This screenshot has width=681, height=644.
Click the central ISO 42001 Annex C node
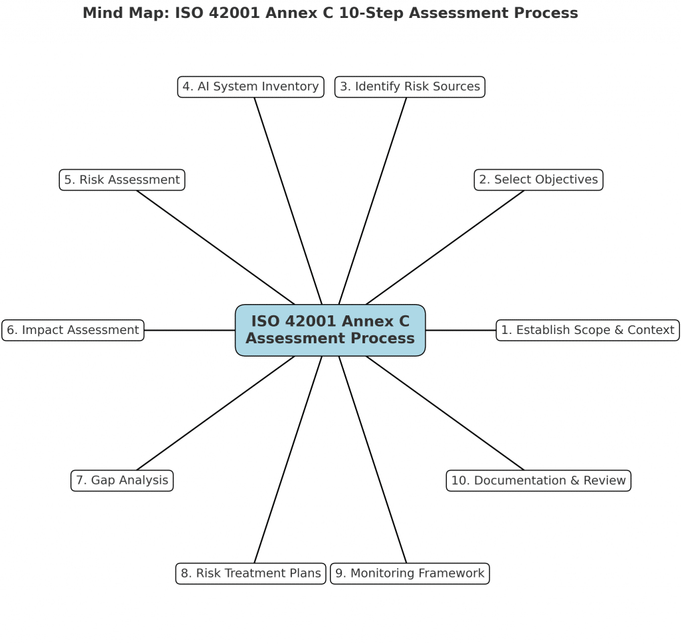(x=330, y=330)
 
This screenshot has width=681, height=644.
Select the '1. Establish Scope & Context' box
(x=588, y=330)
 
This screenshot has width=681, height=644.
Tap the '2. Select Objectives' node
(x=539, y=180)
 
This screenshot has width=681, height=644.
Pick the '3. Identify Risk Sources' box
(x=410, y=87)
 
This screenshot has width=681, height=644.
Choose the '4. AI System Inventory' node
(x=251, y=87)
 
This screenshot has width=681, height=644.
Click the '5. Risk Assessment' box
(x=122, y=180)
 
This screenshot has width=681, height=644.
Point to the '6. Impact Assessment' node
(x=73, y=330)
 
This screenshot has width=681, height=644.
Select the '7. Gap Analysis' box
(x=122, y=480)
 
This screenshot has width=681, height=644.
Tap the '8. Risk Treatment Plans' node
(x=251, y=573)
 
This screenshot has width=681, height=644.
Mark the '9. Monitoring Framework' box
(x=410, y=573)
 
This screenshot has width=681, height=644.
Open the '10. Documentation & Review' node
(x=539, y=480)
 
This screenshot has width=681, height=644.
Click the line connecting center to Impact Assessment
(x=190, y=330)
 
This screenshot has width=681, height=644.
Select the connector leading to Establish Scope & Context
(x=461, y=330)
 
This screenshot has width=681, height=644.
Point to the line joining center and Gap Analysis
(x=215, y=413)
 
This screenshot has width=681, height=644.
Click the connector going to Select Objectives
(x=445, y=247)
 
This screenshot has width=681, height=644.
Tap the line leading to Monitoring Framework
(x=372, y=460)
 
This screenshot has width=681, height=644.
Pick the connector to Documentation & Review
(x=445, y=413)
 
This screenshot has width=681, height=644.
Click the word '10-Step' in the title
(x=371, y=13)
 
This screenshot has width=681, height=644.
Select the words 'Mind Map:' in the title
(x=126, y=13)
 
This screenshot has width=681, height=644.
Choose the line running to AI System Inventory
(x=288, y=201)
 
